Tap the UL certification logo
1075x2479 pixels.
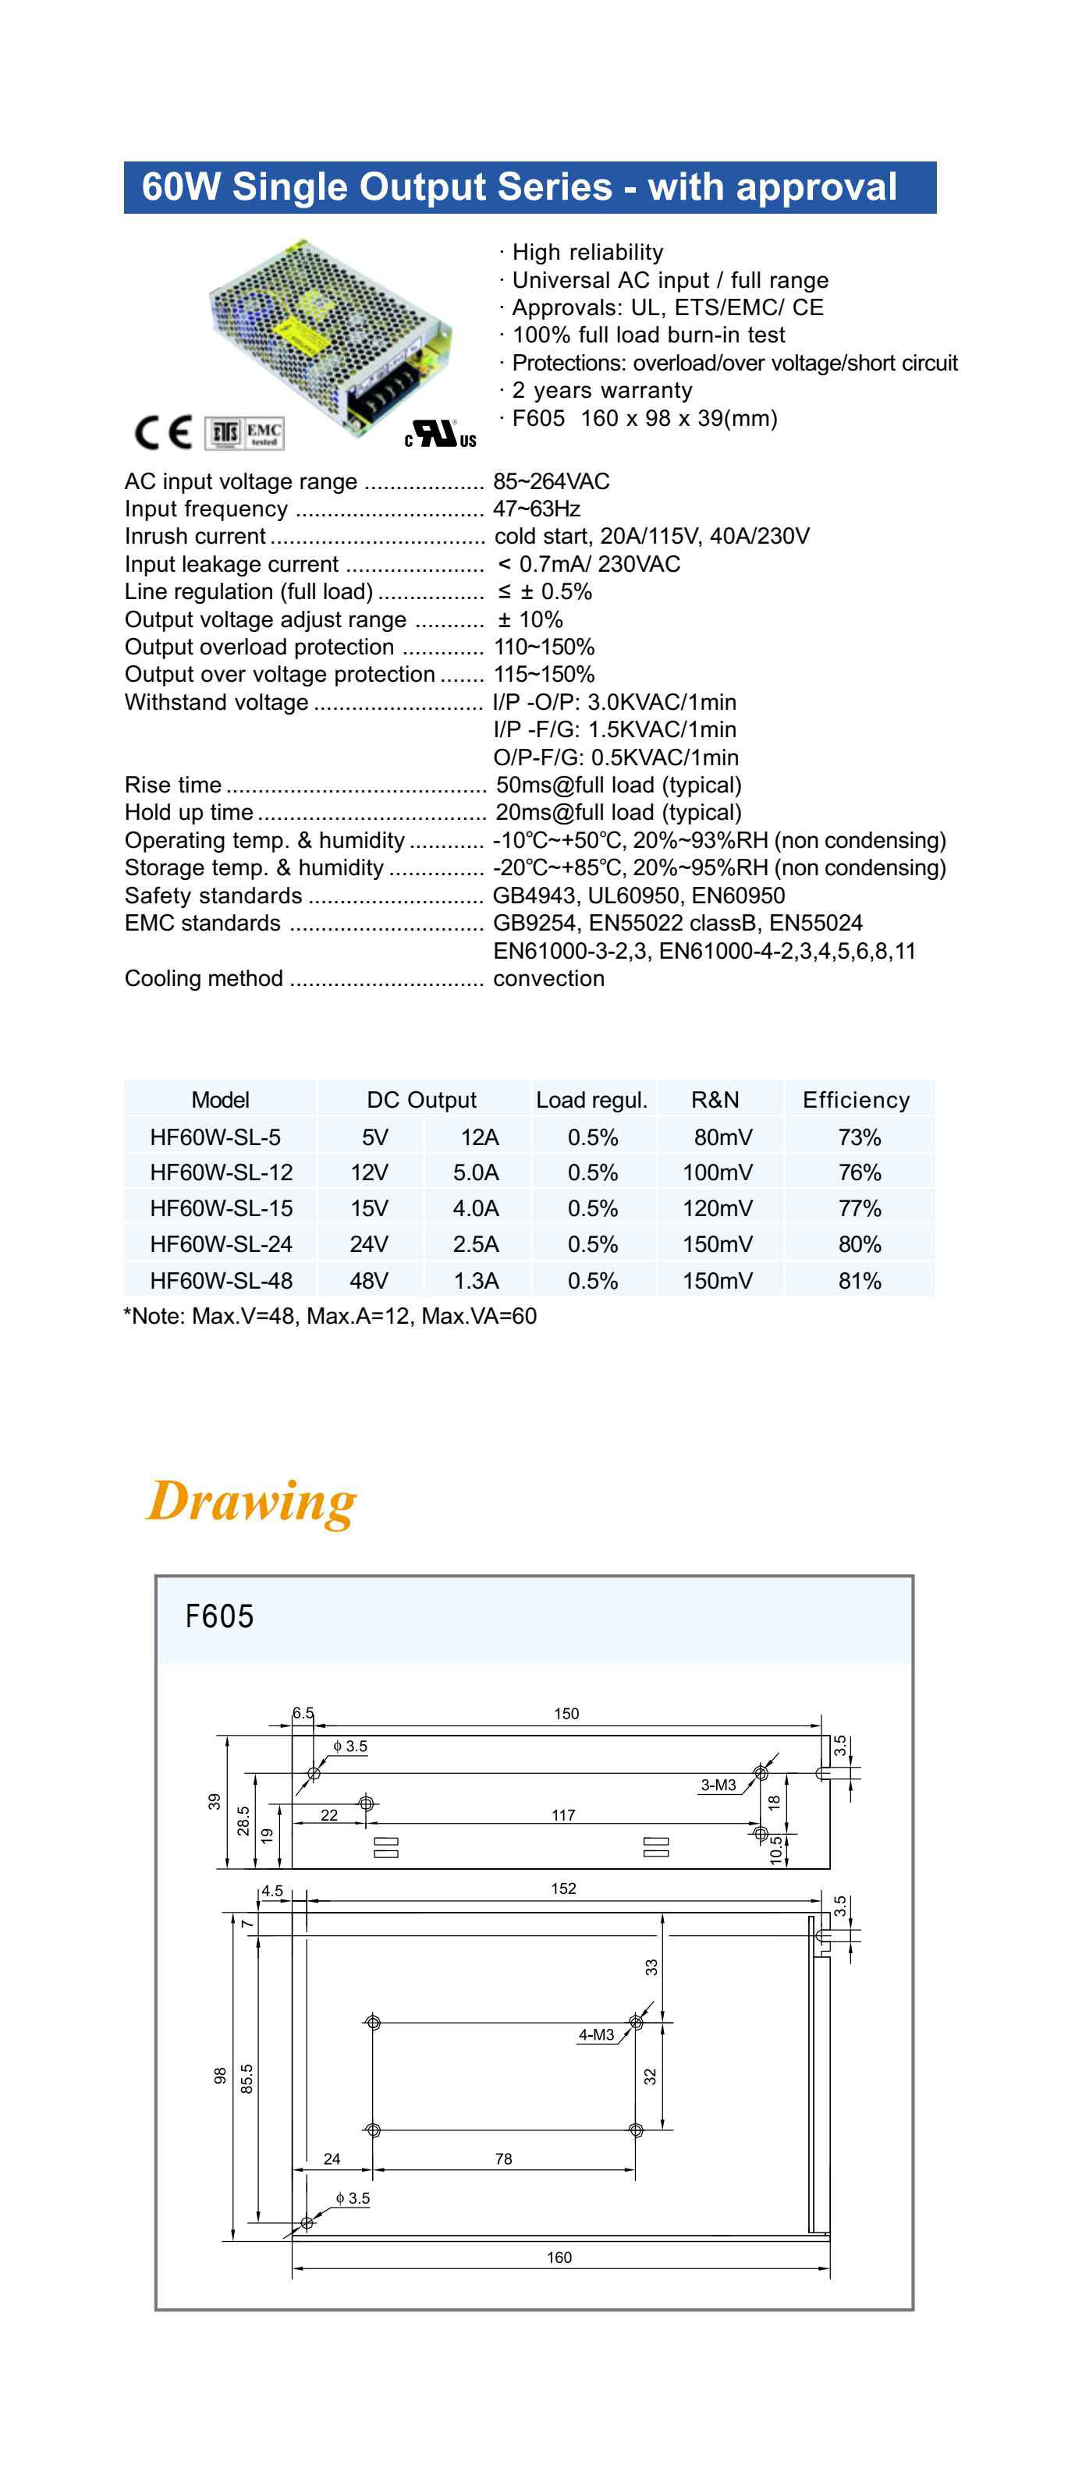[x=441, y=435]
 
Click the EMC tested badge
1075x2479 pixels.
[x=264, y=433]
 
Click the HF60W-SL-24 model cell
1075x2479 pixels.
[x=221, y=1244]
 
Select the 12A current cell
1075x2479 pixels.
[x=479, y=1137]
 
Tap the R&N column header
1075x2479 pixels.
[x=715, y=1100]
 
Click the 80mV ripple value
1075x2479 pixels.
[x=722, y=1137]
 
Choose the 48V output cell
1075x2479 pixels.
[x=368, y=1281]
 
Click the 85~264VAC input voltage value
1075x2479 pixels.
[x=552, y=481]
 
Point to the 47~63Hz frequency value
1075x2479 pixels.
[x=537, y=509]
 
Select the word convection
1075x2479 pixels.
[x=548, y=979]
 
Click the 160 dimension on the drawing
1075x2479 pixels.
[x=559, y=2257]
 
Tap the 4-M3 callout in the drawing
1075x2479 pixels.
[x=596, y=2035]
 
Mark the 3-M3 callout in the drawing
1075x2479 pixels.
[x=718, y=1786]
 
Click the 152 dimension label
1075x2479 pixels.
[x=563, y=1889]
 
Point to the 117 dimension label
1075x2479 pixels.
[x=563, y=1815]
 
